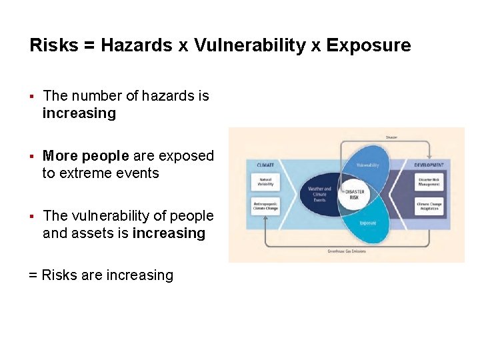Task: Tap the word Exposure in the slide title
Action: pos(369,45)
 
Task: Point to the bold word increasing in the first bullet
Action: pos(79,113)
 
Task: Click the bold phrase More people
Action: pos(85,156)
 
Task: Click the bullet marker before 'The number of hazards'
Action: pos(31,97)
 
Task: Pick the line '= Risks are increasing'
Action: pos(101,275)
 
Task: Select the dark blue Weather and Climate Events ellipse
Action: pos(319,194)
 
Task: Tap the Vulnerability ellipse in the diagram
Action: pos(368,165)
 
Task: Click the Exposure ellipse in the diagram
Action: pos(368,223)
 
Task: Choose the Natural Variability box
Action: pos(265,181)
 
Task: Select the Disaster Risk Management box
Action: pos(428,181)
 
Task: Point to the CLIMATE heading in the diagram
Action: pos(265,164)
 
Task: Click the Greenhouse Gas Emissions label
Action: pos(346,251)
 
